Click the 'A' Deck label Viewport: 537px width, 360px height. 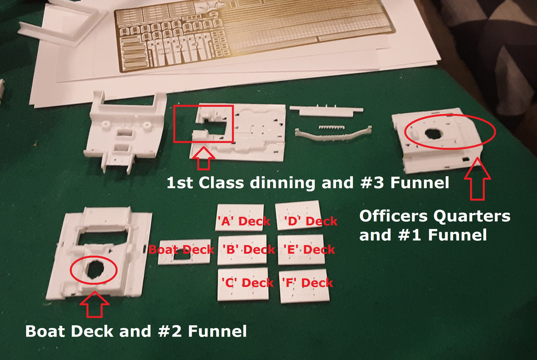coord(244,221)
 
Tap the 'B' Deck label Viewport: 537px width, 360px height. coord(248,249)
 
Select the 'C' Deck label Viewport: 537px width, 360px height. coord(247,283)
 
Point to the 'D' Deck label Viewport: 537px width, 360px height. coord(311,221)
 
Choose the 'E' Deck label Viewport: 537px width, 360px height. coord(309,249)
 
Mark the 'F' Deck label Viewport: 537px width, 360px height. coord(307,283)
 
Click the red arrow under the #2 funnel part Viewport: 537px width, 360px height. coord(95,304)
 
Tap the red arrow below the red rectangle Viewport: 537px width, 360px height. coord(203,158)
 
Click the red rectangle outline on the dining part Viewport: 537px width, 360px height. coord(174,124)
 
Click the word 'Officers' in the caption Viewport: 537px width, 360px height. coord(394,216)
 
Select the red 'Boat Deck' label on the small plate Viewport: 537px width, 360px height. coord(181,250)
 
